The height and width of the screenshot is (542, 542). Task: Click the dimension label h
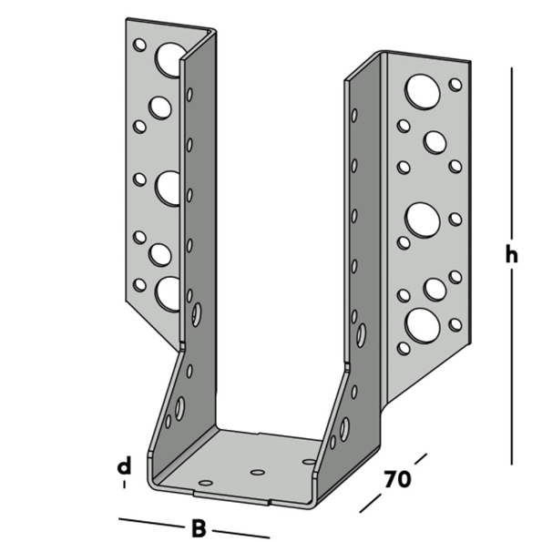(x=512, y=255)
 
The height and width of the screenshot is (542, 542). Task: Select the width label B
(x=197, y=527)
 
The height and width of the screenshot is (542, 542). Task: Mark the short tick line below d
(x=124, y=486)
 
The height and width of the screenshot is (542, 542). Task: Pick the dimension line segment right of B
(x=240, y=533)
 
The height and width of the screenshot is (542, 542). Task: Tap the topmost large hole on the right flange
(x=421, y=90)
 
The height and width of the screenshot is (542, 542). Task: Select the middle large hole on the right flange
(x=422, y=219)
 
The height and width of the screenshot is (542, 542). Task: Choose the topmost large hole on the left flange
(x=169, y=59)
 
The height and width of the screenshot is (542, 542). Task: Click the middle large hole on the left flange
(x=168, y=187)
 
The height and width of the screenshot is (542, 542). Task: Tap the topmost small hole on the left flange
(x=139, y=44)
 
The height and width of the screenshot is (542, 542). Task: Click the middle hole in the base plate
(x=257, y=473)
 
